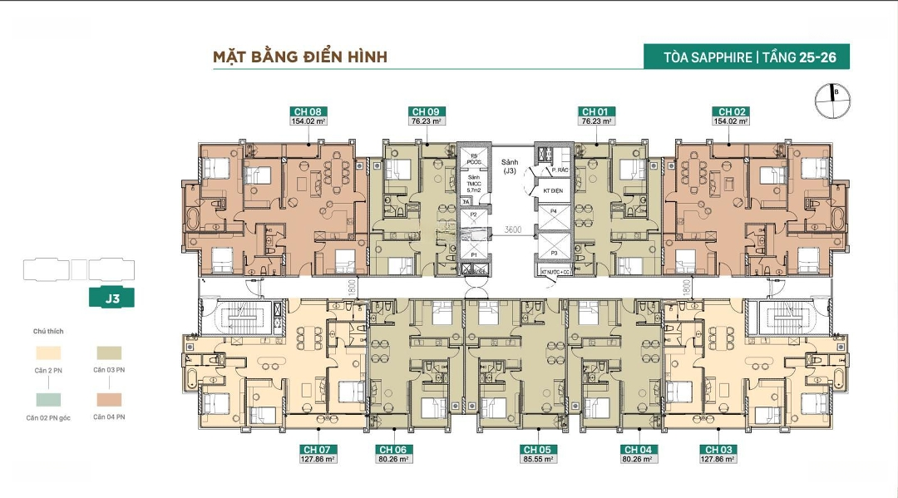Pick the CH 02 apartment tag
(x=731, y=111)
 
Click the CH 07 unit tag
(x=319, y=450)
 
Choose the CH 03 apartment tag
(x=716, y=450)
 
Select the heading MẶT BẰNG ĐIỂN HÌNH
(x=300, y=57)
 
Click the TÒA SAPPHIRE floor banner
(x=746, y=57)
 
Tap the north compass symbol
(x=833, y=99)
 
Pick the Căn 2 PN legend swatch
(x=48, y=353)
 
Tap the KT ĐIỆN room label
(x=554, y=191)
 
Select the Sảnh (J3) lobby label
(x=510, y=165)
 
